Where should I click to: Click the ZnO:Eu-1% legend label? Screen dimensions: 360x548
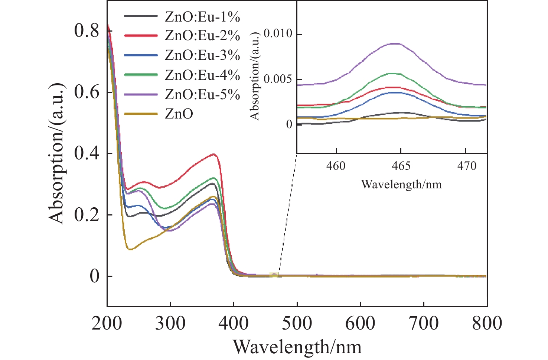(202, 17)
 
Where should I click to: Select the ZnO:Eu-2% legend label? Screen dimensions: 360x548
(202, 36)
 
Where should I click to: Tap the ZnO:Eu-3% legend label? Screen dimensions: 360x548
(202, 55)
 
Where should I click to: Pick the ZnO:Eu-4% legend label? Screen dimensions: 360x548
(202, 75)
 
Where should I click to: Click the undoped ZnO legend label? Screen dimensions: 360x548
(179, 114)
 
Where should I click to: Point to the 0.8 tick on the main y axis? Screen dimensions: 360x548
(87, 30)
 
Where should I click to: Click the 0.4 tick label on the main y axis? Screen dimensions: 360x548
(87, 153)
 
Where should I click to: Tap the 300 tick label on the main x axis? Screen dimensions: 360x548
(170, 323)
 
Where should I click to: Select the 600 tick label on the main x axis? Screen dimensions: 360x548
(360, 323)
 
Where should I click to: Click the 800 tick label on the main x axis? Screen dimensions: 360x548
(487, 323)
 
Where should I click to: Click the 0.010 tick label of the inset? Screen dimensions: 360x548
(278, 34)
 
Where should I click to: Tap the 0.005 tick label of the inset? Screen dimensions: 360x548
(278, 79)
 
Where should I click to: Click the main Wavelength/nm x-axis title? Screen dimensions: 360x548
(297, 347)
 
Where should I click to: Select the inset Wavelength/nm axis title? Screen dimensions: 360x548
(401, 184)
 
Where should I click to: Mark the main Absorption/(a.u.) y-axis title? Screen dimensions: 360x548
(56, 153)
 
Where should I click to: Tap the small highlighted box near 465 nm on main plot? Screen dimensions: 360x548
(274, 275)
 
